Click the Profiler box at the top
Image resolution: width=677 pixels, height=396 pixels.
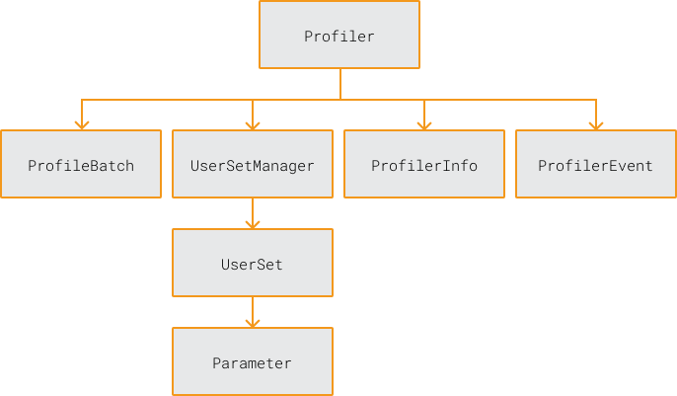click(x=338, y=35)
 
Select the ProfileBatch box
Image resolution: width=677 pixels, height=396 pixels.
click(x=81, y=164)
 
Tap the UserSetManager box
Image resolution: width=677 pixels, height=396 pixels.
click(x=253, y=164)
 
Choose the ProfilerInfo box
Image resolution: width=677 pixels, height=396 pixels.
click(x=424, y=164)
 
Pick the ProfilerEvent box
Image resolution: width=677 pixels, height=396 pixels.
click(x=595, y=164)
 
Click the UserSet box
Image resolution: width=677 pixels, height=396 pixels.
click(x=253, y=263)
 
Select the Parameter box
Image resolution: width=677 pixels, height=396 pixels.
click(x=253, y=361)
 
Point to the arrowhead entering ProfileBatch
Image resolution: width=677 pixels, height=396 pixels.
click(x=82, y=124)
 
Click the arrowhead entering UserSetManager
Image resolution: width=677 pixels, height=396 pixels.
click(x=253, y=124)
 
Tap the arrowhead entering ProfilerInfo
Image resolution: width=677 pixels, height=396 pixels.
click(x=424, y=124)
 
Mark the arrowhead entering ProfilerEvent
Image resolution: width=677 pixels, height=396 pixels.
click(x=596, y=124)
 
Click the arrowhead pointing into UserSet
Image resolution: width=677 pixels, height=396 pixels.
click(x=253, y=223)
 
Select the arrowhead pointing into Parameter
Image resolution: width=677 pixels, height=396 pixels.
click(x=253, y=322)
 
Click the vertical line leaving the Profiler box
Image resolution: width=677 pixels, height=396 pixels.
click(x=339, y=84)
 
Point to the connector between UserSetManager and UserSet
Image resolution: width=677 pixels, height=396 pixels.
click(x=253, y=209)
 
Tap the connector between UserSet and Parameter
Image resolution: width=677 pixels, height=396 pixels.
click(x=253, y=308)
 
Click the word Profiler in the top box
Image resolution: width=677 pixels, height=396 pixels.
click(x=338, y=37)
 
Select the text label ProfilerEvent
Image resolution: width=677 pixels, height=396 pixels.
click(x=595, y=166)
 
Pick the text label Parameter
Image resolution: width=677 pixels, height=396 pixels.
click(x=253, y=363)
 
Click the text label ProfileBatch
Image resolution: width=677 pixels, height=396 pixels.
click(x=81, y=166)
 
